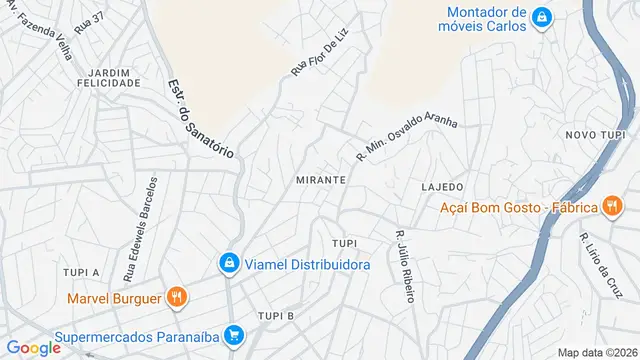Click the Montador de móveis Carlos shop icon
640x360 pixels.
pyautogui.click(x=541, y=17)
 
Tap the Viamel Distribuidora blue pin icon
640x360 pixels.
pyautogui.click(x=229, y=263)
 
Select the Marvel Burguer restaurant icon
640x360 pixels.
pyautogui.click(x=176, y=296)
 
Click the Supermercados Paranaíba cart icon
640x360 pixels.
pyautogui.click(x=234, y=335)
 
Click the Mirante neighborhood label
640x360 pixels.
pyautogui.click(x=321, y=179)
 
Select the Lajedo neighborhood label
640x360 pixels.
pyautogui.click(x=442, y=187)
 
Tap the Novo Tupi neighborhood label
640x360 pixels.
pyautogui.click(x=595, y=135)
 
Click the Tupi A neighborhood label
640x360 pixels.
pyautogui.click(x=81, y=272)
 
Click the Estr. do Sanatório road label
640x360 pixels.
pyautogui.click(x=200, y=119)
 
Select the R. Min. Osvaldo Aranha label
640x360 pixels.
pyautogui.click(x=406, y=137)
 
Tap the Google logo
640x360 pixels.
pyautogui.click(x=34, y=347)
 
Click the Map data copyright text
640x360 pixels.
pyautogui.click(x=597, y=352)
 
